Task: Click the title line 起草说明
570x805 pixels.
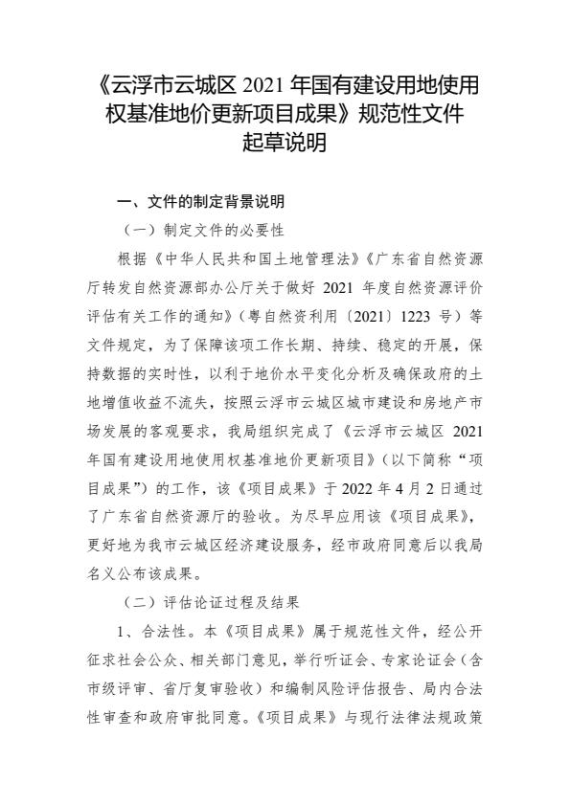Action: coord(285,144)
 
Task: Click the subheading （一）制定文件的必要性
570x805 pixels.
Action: coord(204,231)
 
